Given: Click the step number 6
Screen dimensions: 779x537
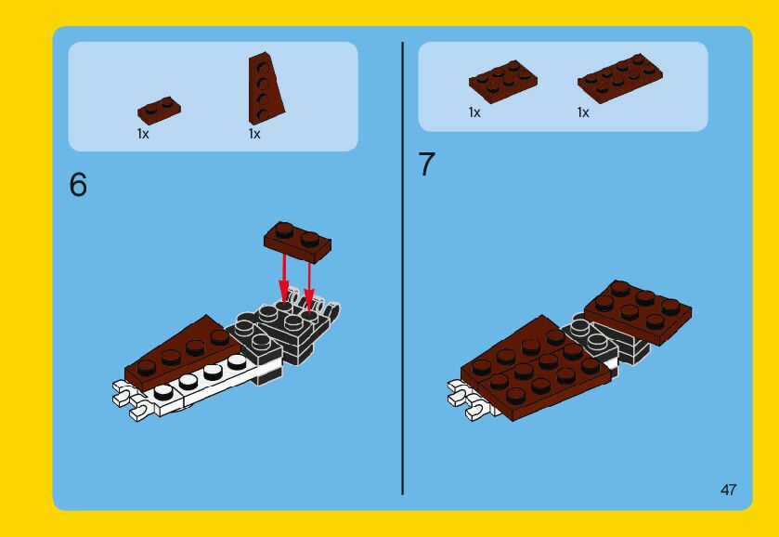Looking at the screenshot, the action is pos(78,185).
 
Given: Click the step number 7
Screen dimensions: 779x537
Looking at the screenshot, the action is pos(426,164).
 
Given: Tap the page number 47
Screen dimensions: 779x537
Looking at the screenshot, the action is pos(728,490).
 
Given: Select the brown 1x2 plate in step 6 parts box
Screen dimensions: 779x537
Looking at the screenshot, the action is pos(159,110).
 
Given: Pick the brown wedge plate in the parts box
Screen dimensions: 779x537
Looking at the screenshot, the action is pos(265,89).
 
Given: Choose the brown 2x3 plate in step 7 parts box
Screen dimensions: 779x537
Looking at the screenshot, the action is pos(502,82).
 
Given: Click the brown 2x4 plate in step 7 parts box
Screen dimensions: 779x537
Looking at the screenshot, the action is pos(619,79).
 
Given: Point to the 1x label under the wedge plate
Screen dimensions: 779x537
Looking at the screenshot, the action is pos(254,134).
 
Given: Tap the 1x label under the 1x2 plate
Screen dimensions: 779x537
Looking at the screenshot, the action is pos(143,134).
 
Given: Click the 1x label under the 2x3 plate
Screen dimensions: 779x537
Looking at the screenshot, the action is pos(474,112).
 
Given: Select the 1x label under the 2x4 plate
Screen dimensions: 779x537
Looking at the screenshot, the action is pos(583,112).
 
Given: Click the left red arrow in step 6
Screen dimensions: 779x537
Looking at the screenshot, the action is pos(284,278).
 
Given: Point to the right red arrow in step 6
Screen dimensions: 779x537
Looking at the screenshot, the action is pos(309,287).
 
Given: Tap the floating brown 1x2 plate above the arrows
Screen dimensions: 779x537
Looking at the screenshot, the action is pos(297,242).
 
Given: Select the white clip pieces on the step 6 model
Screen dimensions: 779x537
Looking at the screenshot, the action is pos(129,400).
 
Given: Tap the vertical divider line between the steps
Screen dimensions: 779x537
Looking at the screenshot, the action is pos(402,268).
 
